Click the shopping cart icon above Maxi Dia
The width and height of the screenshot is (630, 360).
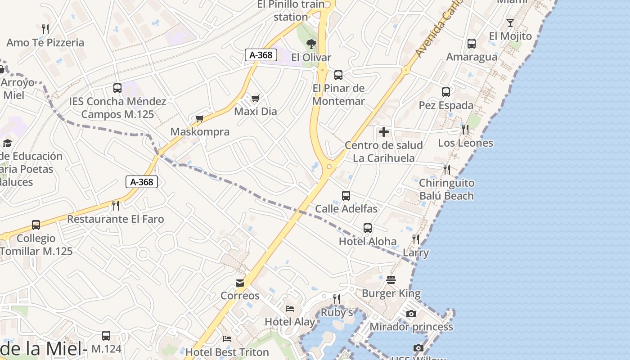[x=255, y=98]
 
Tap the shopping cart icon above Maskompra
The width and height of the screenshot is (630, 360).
[x=200, y=119]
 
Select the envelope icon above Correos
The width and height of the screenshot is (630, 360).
[x=240, y=283]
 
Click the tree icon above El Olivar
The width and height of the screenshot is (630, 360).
[x=311, y=44]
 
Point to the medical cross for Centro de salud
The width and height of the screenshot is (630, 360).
[x=384, y=132]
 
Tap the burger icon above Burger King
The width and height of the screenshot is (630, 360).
[x=391, y=280]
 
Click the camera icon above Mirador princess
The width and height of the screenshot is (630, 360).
[x=411, y=314]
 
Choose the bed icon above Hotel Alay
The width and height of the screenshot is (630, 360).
[x=290, y=309]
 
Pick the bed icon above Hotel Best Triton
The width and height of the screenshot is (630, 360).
[x=227, y=338]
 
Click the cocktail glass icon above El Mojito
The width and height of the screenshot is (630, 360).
[x=510, y=22]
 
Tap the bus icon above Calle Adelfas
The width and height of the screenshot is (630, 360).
[x=346, y=196]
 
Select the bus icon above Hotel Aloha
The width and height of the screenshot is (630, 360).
[x=368, y=228]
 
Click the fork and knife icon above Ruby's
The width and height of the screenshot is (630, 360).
[x=336, y=299]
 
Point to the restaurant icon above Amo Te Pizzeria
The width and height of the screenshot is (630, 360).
[x=45, y=29]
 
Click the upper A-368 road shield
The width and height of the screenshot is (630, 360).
[x=261, y=55]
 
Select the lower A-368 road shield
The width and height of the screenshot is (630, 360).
[x=142, y=182]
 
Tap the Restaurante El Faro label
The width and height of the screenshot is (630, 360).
[x=116, y=219]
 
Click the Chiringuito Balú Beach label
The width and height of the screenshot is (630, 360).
[x=446, y=189]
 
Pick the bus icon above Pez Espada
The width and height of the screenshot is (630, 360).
[x=446, y=92]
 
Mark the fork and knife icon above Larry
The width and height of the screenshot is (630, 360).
[x=416, y=239]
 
